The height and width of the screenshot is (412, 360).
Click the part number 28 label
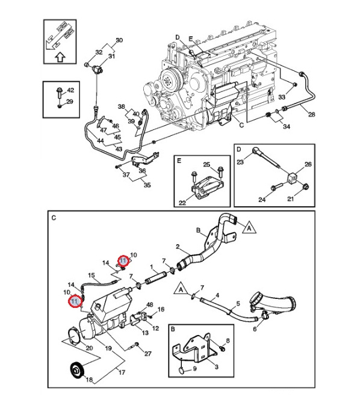point(312,114)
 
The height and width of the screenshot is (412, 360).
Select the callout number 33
point(282,97)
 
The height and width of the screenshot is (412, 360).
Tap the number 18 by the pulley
point(90,380)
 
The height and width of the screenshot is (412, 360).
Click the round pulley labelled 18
point(76,370)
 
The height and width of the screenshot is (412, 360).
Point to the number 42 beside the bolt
point(70,90)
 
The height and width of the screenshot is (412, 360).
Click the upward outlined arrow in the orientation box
point(60,57)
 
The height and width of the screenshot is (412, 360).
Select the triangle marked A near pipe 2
point(249,227)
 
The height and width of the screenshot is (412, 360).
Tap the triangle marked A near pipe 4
point(181,289)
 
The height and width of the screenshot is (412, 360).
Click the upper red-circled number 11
point(123,260)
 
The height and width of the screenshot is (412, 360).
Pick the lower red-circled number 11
point(75,301)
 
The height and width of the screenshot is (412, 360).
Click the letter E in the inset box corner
point(179,161)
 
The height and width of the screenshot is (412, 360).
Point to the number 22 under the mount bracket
point(182,203)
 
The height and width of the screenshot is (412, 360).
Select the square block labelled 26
point(292,178)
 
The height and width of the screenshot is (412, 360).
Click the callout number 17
point(122,372)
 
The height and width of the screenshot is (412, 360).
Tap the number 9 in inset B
point(195,369)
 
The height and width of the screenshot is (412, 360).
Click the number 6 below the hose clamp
point(255,329)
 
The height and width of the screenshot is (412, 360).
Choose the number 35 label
point(147,185)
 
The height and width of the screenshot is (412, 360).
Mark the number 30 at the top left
point(119,40)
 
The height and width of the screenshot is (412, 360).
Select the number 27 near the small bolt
point(147,354)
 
